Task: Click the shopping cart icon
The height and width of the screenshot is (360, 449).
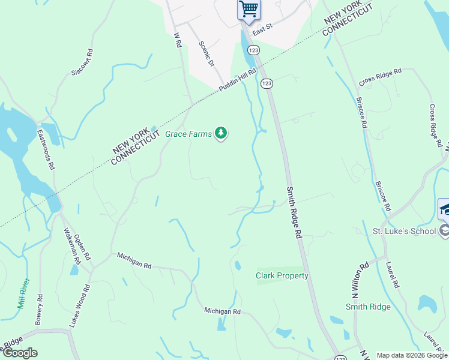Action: point(248,9)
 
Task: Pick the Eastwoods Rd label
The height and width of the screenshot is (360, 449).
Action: point(46,149)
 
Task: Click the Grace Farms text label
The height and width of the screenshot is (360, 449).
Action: point(188,134)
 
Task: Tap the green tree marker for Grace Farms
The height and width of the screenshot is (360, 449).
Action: point(221,133)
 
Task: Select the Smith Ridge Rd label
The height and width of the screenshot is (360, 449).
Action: point(294,212)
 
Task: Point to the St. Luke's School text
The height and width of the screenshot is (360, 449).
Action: point(404,231)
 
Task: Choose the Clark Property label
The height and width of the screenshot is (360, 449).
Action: point(282,276)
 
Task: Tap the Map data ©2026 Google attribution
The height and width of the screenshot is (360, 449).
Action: point(411,355)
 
